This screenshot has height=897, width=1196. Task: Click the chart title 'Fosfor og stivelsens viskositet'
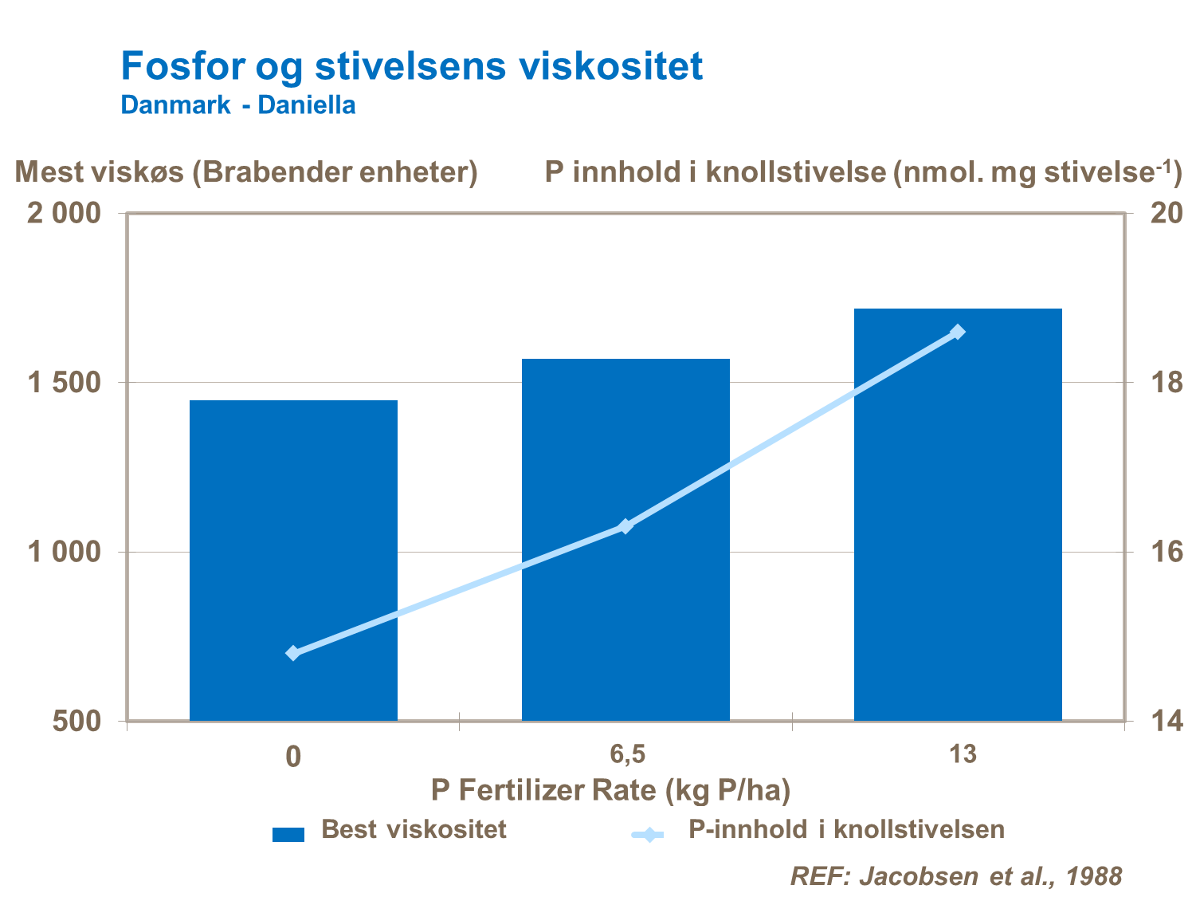tap(411, 65)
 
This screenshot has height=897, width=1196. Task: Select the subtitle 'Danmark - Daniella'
tap(237, 105)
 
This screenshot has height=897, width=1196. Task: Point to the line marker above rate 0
tap(293, 653)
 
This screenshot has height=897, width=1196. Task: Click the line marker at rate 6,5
tap(625, 526)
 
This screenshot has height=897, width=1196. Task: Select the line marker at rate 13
tap(958, 332)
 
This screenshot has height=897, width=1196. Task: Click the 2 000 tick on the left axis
tap(65, 214)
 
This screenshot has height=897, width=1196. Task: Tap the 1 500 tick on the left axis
tap(65, 383)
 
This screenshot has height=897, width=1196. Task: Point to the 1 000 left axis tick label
tap(65, 552)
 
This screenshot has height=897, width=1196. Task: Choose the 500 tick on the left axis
tap(76, 721)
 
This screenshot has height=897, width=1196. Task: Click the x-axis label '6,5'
tap(628, 753)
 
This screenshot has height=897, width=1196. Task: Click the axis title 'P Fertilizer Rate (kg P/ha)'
tap(610, 790)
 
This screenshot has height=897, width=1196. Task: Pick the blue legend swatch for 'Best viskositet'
tap(288, 834)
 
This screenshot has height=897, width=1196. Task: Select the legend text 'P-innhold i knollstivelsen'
tap(846, 829)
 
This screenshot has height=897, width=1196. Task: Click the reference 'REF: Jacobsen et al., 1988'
tap(955, 875)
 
